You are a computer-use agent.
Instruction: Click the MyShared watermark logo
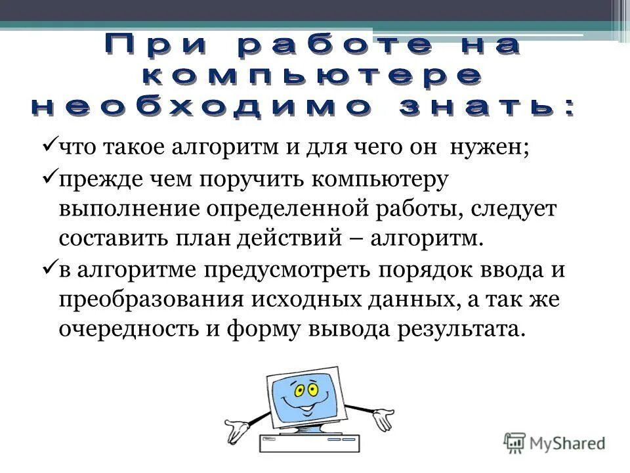click(x=555, y=442)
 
